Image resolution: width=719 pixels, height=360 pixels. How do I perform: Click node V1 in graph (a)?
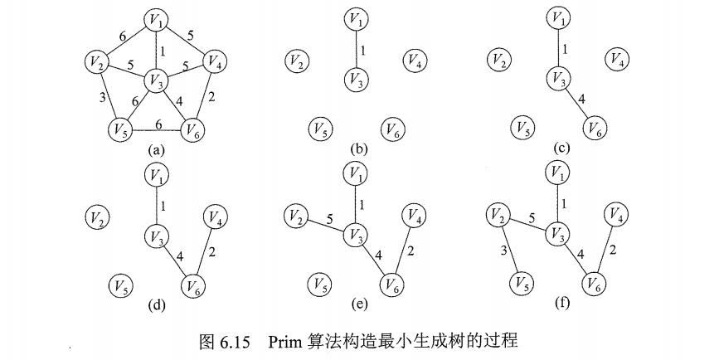154,20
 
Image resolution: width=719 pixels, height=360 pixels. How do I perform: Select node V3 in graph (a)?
156,80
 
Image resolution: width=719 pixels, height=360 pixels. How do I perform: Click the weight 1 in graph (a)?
163,51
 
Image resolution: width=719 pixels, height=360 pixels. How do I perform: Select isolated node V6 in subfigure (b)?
392,129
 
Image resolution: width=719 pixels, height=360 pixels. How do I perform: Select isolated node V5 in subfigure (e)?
315,285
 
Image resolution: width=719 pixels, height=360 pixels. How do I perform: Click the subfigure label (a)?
154,151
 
